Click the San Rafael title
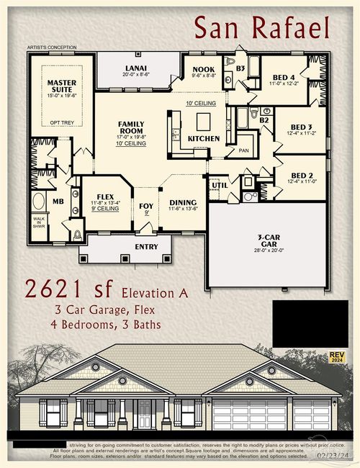click(x=261, y=28)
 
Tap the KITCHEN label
click(x=204, y=138)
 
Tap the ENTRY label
click(x=147, y=246)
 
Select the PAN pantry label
click(x=245, y=151)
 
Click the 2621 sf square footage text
click(x=70, y=289)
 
